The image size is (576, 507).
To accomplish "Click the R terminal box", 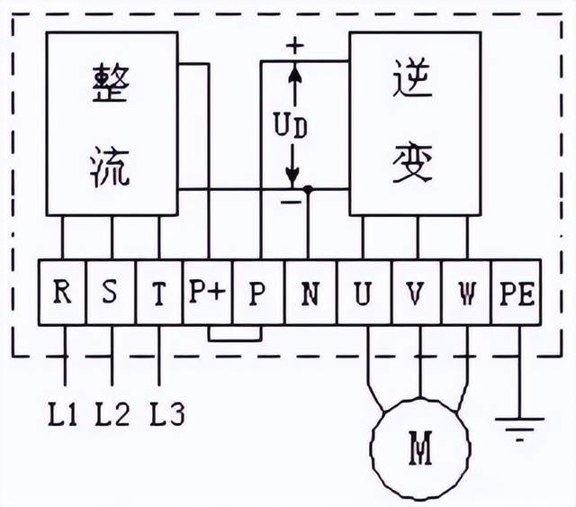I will pos(61,292).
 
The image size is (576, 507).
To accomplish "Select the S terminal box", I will pos(110,292).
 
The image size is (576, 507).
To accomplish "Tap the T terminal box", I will pos(158,292).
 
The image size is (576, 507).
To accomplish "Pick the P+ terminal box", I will pos(208,292).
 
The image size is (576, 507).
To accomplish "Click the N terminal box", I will pos(310,292).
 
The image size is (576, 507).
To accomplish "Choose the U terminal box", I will pos(363,292).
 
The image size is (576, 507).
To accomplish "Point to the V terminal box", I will pos(415,292).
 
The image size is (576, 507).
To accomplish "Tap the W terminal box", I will pos(466,292).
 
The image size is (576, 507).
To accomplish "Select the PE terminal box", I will pos(517,292).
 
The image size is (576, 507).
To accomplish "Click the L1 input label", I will pos(62,415).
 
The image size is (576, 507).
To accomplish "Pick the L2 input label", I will pos(112,415).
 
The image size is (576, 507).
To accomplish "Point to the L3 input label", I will pos(166,415).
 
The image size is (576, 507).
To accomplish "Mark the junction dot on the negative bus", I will pos(308,190).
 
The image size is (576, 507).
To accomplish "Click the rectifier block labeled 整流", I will pos(112,123).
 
